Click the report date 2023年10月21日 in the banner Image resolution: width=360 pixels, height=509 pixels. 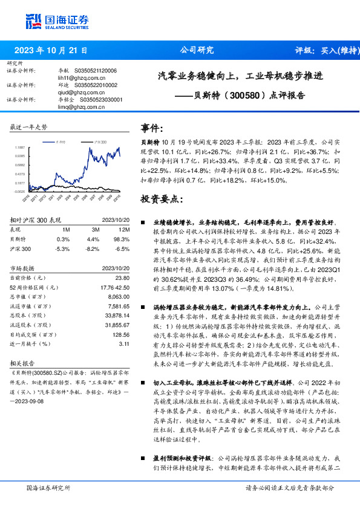point(50,51)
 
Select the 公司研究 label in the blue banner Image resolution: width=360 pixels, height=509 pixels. point(197,51)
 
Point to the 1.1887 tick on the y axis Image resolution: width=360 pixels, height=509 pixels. point(20,147)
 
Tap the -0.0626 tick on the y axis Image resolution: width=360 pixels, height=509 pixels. point(20,191)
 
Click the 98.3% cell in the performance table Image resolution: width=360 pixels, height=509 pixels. point(123,239)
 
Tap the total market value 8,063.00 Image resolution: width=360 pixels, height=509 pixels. point(117,297)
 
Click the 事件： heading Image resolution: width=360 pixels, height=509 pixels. point(152,128)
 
